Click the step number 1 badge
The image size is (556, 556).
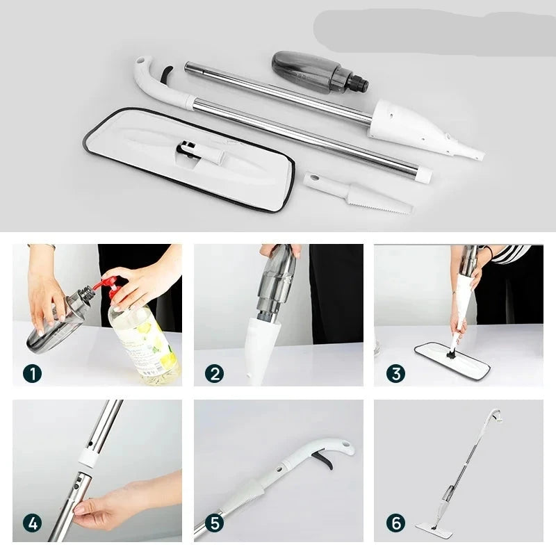click(x=32, y=374)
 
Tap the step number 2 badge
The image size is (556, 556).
click(x=215, y=374)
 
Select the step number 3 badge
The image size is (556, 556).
click(x=396, y=374)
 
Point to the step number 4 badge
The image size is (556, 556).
click(x=32, y=523)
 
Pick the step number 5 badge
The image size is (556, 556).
click(x=215, y=523)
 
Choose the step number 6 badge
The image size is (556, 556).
click(x=396, y=523)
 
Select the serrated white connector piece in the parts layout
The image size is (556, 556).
click(x=358, y=194)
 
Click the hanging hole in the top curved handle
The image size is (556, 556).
click(x=142, y=60)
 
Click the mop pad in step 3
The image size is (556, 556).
click(x=452, y=361)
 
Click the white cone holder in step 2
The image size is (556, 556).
click(x=259, y=350)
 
